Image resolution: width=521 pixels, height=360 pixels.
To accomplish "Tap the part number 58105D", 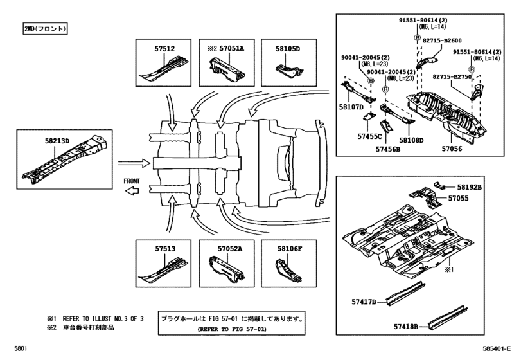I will click(x=288, y=48).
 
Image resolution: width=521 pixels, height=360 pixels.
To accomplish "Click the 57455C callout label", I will click(x=370, y=136).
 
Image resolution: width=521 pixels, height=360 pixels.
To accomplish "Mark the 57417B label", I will click(x=364, y=302).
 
